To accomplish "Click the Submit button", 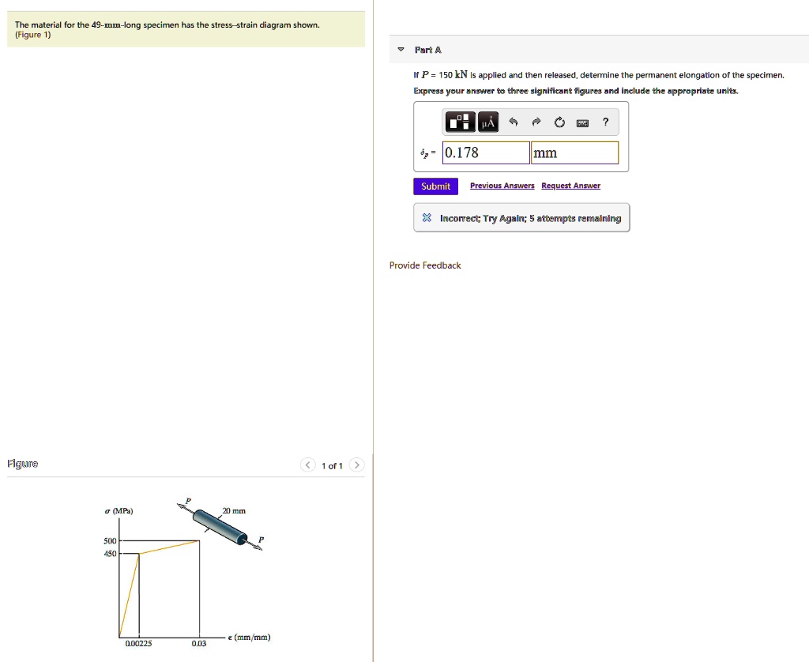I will tap(435, 186).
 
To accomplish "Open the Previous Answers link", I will tap(502, 186).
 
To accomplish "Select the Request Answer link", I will tap(570, 186).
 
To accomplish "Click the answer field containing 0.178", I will tap(486, 152).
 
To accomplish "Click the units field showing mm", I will tap(574, 152).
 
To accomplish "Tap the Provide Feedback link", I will tap(425, 265).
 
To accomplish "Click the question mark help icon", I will tap(605, 122).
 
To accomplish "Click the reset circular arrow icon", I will tap(559, 122).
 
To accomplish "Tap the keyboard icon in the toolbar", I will tap(582, 122).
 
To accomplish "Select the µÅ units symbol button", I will tap(488, 122).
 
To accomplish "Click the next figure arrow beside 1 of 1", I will tap(356, 465).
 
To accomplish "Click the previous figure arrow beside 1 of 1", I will tap(308, 465).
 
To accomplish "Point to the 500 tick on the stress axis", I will tap(120, 541).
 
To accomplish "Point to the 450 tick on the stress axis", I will tap(120, 554).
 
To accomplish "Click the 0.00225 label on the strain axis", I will tap(139, 644).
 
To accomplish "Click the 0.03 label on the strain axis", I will tap(199, 644).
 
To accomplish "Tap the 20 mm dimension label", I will tap(234, 511).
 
